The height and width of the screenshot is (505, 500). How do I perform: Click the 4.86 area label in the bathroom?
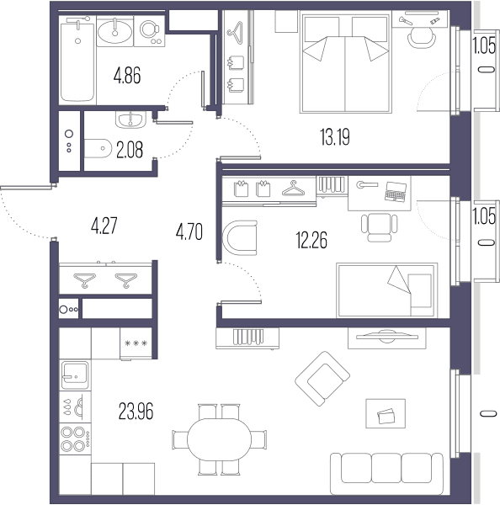pos(127,76)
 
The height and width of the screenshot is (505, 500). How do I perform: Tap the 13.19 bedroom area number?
pos(335,137)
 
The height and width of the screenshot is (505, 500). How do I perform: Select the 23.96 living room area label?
pos(136,412)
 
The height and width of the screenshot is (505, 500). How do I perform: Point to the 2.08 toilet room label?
pos(130,150)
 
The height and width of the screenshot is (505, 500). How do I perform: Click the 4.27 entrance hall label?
pos(104,226)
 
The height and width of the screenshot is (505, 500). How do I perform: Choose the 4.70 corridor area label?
pos(189,232)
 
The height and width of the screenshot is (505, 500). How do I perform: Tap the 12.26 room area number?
pos(311,240)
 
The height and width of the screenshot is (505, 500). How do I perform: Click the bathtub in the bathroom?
pos(77,59)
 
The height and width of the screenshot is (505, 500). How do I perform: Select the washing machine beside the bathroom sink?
pos(150,31)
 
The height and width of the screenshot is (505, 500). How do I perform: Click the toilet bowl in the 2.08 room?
pos(98,148)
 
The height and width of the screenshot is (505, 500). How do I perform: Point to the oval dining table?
pos(219,439)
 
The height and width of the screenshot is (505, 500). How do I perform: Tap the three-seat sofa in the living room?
pos(386,473)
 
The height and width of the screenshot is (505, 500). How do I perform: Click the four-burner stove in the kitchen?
pos(75,439)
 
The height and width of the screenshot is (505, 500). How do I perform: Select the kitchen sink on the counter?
pos(75,375)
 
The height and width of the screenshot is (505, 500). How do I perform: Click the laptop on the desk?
pos(396,192)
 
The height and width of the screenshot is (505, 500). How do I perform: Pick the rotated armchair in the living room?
pos(322,379)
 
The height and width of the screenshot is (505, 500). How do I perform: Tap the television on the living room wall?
pos(387,337)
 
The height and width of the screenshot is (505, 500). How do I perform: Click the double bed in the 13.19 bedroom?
pos(346,61)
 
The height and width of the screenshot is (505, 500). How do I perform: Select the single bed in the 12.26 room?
pos(387,290)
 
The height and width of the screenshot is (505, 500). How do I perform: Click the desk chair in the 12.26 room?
pos(379,226)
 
